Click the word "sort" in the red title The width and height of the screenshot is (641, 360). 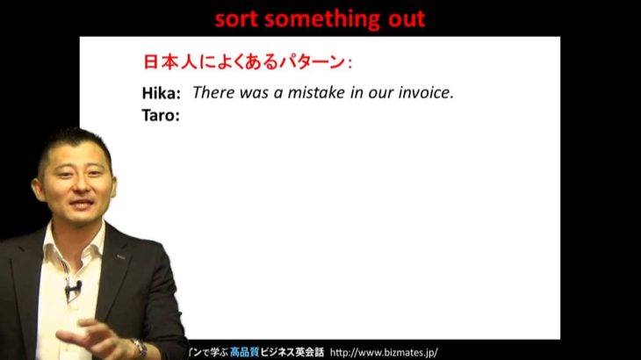[x=235, y=19]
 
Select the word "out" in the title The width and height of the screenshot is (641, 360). [x=407, y=19]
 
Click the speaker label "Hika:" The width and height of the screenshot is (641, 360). [x=161, y=94]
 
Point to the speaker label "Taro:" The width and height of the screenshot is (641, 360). [x=161, y=115]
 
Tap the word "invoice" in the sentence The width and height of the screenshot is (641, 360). [x=424, y=92]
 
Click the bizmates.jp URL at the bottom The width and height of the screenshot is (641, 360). [x=384, y=353]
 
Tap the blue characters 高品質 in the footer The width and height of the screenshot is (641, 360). [x=244, y=352]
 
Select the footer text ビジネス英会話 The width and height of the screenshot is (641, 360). [x=292, y=352]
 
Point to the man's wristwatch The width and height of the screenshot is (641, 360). [x=139, y=348]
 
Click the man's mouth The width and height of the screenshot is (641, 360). [x=82, y=203]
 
